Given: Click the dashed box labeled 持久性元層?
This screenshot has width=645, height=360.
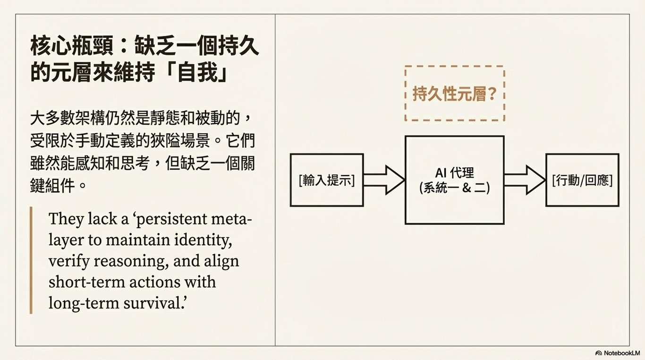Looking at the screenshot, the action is [454, 94].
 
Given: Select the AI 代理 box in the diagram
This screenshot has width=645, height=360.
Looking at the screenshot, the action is [454, 180].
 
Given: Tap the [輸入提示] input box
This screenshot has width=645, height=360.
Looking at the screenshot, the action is [326, 180].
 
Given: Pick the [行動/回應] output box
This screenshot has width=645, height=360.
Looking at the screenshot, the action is [582, 180].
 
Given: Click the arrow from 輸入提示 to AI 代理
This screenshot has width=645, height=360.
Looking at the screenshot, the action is [384, 180].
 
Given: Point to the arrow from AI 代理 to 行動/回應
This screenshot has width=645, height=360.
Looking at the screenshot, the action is [524, 180].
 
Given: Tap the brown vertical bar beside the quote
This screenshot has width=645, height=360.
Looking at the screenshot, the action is [31, 260].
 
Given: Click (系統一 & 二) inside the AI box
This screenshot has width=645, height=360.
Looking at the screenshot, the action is [454, 188].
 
